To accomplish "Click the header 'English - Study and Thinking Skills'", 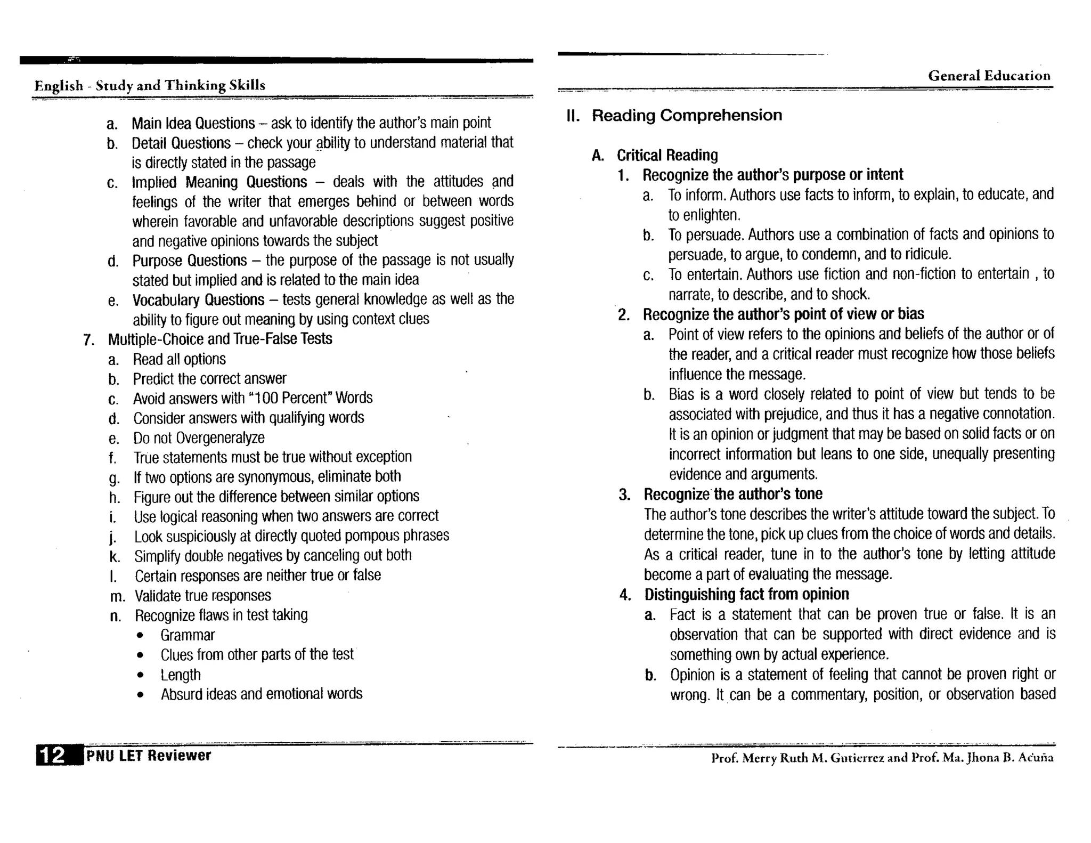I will pyautogui.click(x=150, y=85).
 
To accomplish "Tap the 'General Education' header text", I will pyautogui.click(x=989, y=76).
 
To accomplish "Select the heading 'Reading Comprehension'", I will pyautogui.click(x=687, y=115).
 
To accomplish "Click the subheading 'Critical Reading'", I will pyautogui.click(x=667, y=155).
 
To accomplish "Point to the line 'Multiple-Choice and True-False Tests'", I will pyautogui.click(x=220, y=339).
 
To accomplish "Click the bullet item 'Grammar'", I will pyautogui.click(x=188, y=635).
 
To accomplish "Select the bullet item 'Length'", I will pyautogui.click(x=181, y=675).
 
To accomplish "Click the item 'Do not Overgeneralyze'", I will pyautogui.click(x=199, y=437).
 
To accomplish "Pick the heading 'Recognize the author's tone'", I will pyautogui.click(x=733, y=494).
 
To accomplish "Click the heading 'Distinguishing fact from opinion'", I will pyautogui.click(x=746, y=594).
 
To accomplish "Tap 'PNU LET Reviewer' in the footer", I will pyautogui.click(x=149, y=755).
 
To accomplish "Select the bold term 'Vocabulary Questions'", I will pyautogui.click(x=198, y=299).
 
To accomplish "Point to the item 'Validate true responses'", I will pyautogui.click(x=202, y=595).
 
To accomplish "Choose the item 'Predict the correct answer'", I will pyautogui.click(x=209, y=379).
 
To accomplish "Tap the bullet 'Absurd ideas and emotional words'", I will pyautogui.click(x=261, y=694).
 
